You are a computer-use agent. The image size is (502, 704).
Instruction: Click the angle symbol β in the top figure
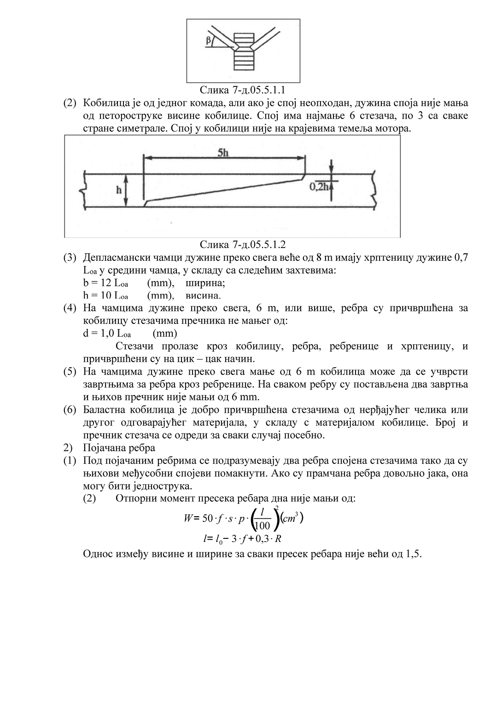pos(209,41)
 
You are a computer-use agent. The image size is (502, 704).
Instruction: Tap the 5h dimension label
pos(223,152)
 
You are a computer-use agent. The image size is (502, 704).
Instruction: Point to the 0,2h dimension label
pos(319,186)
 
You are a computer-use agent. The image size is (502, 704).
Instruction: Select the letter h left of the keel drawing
pos(118,190)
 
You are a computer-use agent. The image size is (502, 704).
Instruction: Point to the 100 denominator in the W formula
pos(262,525)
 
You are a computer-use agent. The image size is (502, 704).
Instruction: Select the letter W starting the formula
pos(188,519)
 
